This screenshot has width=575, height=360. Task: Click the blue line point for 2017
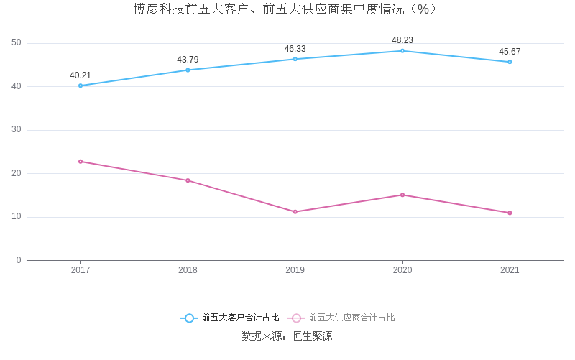(x=80, y=86)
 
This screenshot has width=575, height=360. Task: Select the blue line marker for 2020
(x=402, y=51)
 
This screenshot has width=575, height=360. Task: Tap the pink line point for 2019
(x=295, y=212)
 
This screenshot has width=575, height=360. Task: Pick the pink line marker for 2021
(x=510, y=213)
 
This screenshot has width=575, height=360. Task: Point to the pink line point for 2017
(x=80, y=162)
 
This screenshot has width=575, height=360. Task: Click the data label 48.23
(x=402, y=40)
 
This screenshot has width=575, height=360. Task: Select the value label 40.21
(x=80, y=75)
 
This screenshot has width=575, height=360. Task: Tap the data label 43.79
(x=188, y=60)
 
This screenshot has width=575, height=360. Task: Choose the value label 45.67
(x=510, y=52)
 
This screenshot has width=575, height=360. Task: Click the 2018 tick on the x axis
(x=188, y=270)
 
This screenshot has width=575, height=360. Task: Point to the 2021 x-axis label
(x=510, y=270)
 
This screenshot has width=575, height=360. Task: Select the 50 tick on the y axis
(x=17, y=43)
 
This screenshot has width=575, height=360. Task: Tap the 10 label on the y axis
(x=17, y=217)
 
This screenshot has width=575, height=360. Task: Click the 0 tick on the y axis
(x=19, y=260)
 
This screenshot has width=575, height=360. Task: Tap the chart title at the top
(x=287, y=9)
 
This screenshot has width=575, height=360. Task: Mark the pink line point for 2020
(x=402, y=195)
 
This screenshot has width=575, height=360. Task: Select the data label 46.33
(x=295, y=49)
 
